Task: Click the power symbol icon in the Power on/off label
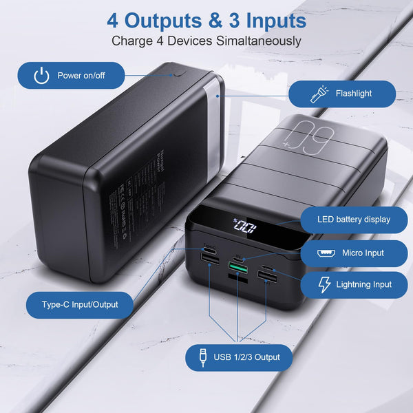[x=42, y=75]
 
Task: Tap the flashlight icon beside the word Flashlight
[x=319, y=94]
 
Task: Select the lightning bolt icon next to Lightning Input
[x=324, y=284]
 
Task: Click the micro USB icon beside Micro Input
[x=326, y=253]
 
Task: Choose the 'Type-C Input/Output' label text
[x=80, y=304]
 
